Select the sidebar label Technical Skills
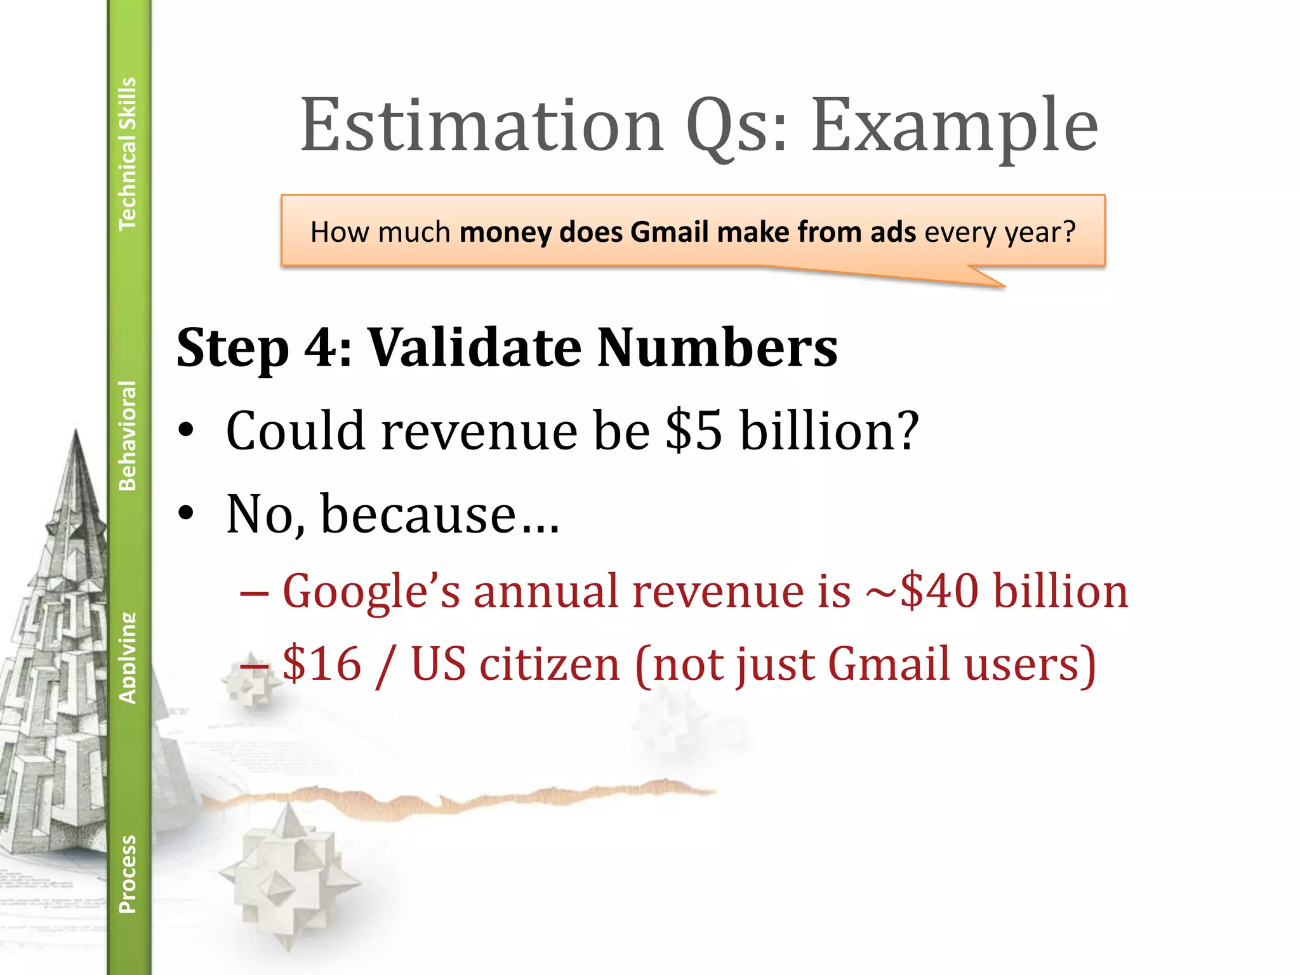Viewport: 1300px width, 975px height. tap(128, 153)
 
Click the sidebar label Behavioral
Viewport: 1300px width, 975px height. tap(128, 435)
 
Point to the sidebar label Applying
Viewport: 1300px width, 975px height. tap(128, 658)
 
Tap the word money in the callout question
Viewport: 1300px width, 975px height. tap(505, 232)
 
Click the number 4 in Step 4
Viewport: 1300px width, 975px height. tap(319, 348)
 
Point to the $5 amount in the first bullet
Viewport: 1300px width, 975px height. tap(694, 431)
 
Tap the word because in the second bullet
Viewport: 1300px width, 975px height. tap(419, 514)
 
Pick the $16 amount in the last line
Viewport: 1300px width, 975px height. tap(322, 664)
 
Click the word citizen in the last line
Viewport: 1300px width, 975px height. tap(550, 664)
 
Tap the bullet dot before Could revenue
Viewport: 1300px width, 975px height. tap(185, 431)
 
